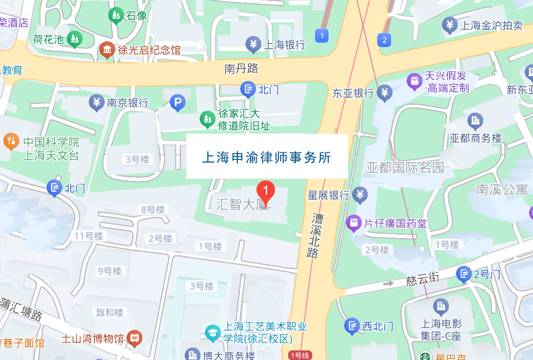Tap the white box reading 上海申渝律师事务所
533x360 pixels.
pyautogui.click(x=267, y=156)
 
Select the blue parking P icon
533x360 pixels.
pyautogui.click(x=178, y=103)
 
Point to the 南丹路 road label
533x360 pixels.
pyautogui.click(x=241, y=69)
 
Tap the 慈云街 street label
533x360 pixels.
pyautogui.click(x=422, y=279)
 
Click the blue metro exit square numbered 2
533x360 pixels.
pyautogui.click(x=385, y=40)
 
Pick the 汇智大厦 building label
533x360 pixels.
pyautogui.click(x=242, y=204)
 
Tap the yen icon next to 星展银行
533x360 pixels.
pyautogui.click(x=360, y=195)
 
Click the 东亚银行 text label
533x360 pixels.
pyautogui.click(x=353, y=93)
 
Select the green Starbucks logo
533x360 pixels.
pyautogui.click(x=425, y=356)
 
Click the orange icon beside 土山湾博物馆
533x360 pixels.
pyautogui.click(x=134, y=338)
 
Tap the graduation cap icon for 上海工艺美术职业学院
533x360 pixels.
pyautogui.click(x=213, y=332)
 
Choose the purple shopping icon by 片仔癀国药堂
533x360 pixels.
pyautogui.click(x=353, y=223)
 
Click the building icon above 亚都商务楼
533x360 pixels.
pyautogui.click(x=475, y=120)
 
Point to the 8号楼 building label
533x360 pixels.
pyautogui.click(x=153, y=210)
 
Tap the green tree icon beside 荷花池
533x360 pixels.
pyautogui.click(x=75, y=40)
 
